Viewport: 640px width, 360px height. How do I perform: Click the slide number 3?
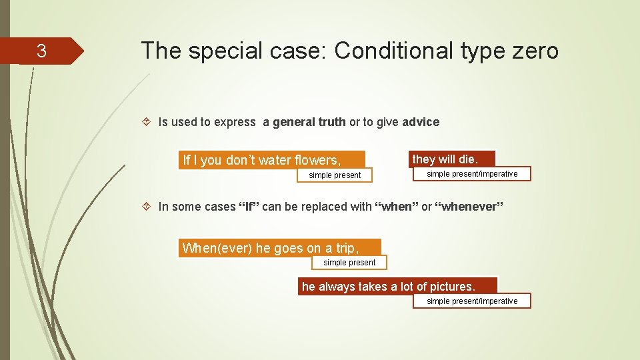[41, 51]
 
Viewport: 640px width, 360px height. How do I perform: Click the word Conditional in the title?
[393, 51]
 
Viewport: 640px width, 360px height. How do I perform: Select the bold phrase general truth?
[309, 122]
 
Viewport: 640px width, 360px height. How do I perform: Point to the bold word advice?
[421, 122]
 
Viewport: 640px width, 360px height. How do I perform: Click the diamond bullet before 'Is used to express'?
[147, 121]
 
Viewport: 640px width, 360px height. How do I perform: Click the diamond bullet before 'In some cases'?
[147, 206]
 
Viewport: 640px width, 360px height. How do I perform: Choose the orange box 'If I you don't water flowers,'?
[272, 159]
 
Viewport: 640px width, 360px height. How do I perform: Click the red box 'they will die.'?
[452, 159]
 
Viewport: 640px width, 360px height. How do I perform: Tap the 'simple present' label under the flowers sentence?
[335, 175]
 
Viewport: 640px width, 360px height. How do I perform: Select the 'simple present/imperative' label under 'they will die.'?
[472, 174]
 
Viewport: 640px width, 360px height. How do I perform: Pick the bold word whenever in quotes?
[469, 207]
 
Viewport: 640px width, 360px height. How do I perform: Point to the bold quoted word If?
[249, 207]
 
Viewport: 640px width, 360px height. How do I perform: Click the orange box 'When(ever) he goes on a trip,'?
[279, 248]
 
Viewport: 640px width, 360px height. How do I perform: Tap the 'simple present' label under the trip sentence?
[349, 263]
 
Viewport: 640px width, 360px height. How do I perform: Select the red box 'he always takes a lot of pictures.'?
[397, 286]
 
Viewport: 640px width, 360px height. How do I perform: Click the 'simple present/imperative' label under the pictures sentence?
[472, 301]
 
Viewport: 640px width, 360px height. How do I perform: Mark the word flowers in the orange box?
[317, 160]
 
